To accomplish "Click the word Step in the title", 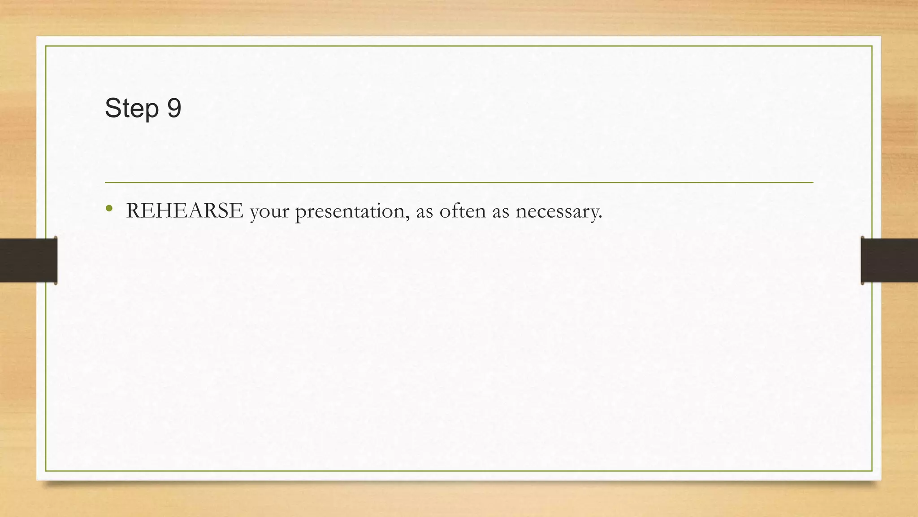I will tap(132, 108).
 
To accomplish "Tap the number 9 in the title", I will tap(174, 108).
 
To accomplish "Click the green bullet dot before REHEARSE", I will tap(109, 208).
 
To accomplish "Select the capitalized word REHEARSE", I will tap(185, 210).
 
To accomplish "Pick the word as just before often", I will tap(424, 212).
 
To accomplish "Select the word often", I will tap(462, 210).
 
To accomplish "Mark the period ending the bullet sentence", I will tap(600, 218).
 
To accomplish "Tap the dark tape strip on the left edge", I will tap(28, 260).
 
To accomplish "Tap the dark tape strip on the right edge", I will tap(889, 260).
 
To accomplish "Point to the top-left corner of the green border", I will tap(46, 46).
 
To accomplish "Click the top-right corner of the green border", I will tap(872, 46).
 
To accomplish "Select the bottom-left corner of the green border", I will tap(46, 471).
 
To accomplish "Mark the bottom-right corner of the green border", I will tap(872, 471).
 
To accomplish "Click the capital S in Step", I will tap(112, 108).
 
